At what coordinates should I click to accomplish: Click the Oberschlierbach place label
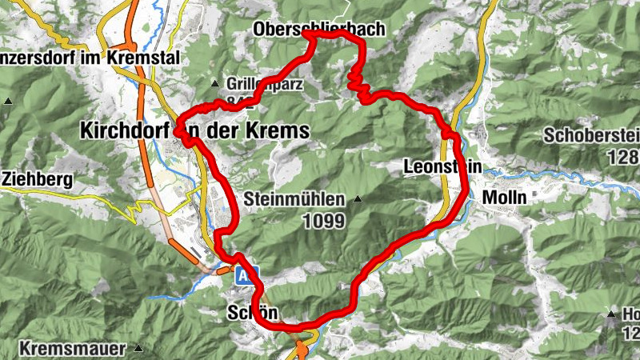[x=318, y=30]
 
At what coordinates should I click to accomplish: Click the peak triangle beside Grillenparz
[x=214, y=83]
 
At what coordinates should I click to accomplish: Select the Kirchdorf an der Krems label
[x=194, y=130]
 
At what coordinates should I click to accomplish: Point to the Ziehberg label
[x=38, y=178]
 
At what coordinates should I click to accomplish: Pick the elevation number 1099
[x=323, y=220]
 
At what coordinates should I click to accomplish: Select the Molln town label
[x=504, y=196]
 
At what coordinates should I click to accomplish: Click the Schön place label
[x=253, y=312]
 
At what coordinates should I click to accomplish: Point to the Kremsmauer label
[x=72, y=349]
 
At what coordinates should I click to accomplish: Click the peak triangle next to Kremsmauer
[x=138, y=348]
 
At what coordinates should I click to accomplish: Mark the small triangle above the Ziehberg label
[x=8, y=101]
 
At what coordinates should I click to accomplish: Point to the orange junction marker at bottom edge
[x=302, y=350]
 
